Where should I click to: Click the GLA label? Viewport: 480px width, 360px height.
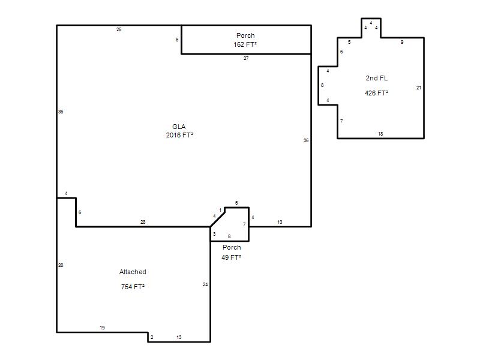[x=179, y=127]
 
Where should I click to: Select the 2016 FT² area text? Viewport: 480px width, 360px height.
[x=179, y=135]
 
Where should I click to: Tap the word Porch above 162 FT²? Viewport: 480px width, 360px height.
[x=245, y=35]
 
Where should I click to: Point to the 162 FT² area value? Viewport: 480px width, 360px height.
[x=245, y=44]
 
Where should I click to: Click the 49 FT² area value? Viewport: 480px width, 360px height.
[x=231, y=257]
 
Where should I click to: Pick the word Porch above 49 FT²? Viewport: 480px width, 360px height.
[x=232, y=247]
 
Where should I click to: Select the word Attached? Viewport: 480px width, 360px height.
[x=133, y=272]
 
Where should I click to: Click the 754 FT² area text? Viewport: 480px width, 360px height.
[x=133, y=287]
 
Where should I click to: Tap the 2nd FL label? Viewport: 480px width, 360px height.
[x=377, y=78]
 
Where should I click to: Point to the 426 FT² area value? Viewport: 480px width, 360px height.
[x=377, y=93]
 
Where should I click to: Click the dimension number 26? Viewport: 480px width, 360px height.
[x=119, y=29]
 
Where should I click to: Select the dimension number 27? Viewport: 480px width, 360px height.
[x=246, y=58]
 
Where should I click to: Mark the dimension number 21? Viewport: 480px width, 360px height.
[x=419, y=88]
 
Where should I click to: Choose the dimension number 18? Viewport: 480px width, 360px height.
[x=380, y=134]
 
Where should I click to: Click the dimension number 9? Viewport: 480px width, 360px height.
[x=402, y=42]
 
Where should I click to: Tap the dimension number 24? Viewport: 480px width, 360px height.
[x=205, y=284]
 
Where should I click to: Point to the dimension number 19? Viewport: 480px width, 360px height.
[x=102, y=328]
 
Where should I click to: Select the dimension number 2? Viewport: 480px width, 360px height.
[x=152, y=337]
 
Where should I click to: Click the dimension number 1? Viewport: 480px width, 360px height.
[x=220, y=210]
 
